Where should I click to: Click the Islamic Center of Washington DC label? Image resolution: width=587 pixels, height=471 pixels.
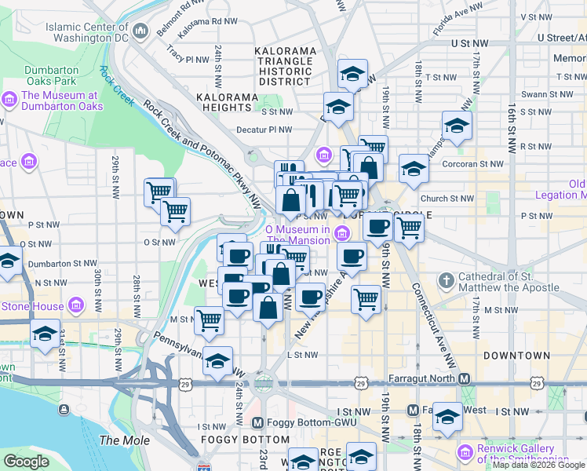pyautogui.click(x=86, y=31)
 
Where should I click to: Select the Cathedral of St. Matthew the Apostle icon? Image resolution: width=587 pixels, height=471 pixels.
pyautogui.click(x=447, y=280)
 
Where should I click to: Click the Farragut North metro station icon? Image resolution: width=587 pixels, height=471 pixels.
pyautogui.click(x=465, y=379)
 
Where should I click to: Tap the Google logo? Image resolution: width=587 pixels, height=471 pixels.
pyautogui.click(x=26, y=461)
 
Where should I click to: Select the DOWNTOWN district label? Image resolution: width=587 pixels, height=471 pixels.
pyautogui.click(x=516, y=356)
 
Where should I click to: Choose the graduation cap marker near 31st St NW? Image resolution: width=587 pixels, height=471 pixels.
pyautogui.click(x=45, y=334)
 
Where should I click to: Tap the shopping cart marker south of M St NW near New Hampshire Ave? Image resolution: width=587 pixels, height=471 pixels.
pyautogui.click(x=366, y=299)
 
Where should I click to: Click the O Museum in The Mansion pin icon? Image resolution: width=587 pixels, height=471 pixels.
pyautogui.click(x=341, y=233)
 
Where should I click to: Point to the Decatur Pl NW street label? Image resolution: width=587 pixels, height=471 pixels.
pyautogui.click(x=265, y=130)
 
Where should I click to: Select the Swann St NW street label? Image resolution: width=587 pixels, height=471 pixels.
pyautogui.click(x=527, y=94)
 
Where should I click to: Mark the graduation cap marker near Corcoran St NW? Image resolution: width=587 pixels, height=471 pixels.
pyautogui.click(x=414, y=167)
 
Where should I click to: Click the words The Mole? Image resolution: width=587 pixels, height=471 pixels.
pyautogui.click(x=126, y=440)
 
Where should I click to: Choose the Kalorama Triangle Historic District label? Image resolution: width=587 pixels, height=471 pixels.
pyautogui.click(x=286, y=66)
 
